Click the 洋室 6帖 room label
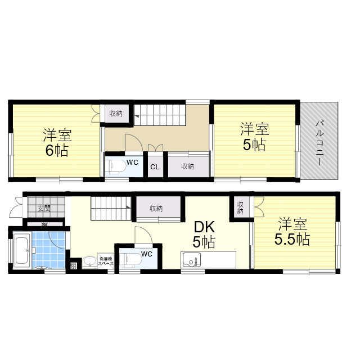[x=57, y=143]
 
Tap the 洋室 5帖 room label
[x=254, y=137]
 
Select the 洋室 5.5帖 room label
[x=291, y=231]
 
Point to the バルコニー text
[x=319, y=142]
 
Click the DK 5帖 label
[x=204, y=235]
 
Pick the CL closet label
[x=154, y=167]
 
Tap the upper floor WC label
[x=132, y=162]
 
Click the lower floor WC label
[x=147, y=254]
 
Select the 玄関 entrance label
[x=44, y=208]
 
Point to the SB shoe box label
[x=43, y=224]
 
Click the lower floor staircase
[x=111, y=209]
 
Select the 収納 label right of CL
[x=188, y=166]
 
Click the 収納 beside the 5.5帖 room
[x=240, y=208]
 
